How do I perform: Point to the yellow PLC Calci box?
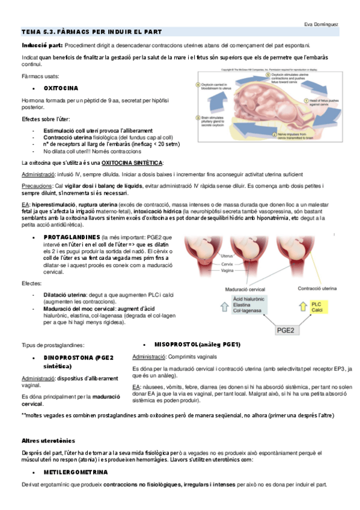pyautogui.click(x=318, y=307)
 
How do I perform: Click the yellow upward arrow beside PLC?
pyautogui.click(x=303, y=307)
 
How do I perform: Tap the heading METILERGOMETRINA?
pyautogui.click(x=76, y=472)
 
